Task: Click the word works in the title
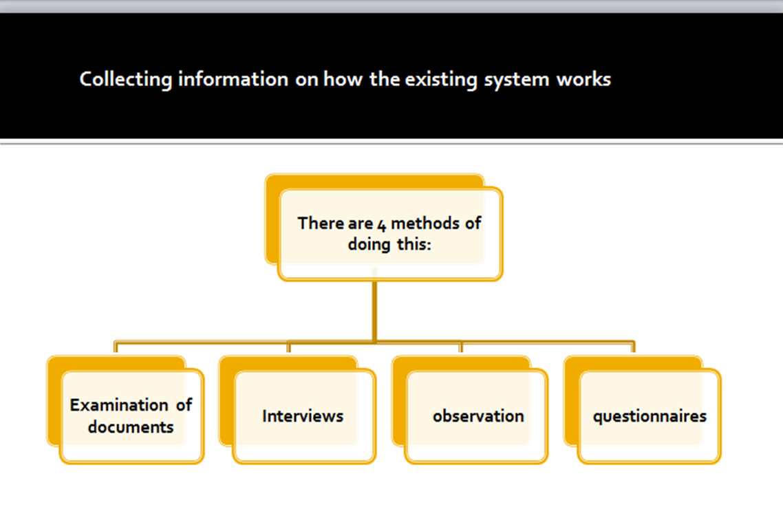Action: (583, 80)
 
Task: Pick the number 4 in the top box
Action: (382, 224)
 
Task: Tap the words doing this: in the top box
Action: (389, 244)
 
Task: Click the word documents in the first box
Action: (131, 427)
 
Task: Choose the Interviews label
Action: (303, 416)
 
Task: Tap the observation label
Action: (478, 416)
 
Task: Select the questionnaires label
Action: (650, 416)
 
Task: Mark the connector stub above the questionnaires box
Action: (633, 347)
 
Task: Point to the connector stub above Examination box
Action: (116, 347)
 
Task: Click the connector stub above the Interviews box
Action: (288, 347)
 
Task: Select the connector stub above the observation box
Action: (461, 347)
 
